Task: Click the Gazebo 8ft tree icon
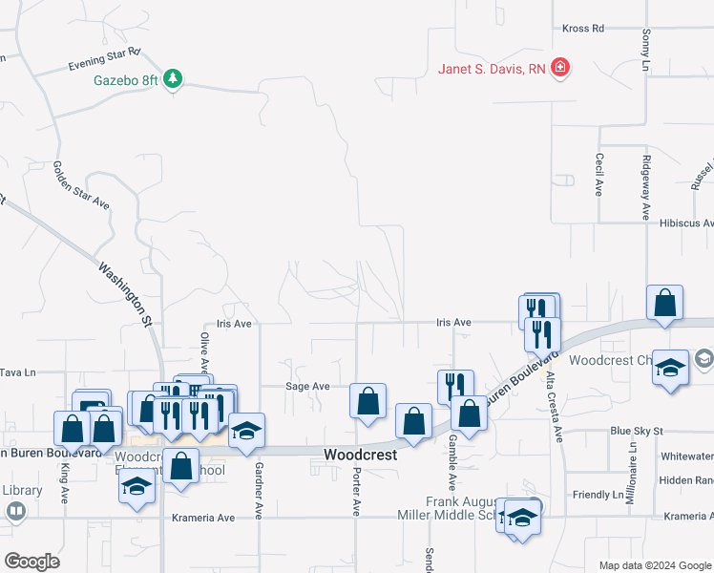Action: tap(173, 79)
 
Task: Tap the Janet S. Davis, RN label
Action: tap(493, 68)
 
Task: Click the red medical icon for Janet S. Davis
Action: tap(560, 68)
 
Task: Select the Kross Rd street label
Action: tap(583, 29)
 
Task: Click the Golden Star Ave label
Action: tap(82, 185)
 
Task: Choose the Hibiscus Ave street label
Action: tap(685, 223)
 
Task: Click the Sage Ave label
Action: tap(307, 387)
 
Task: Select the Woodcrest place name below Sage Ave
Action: tap(360, 456)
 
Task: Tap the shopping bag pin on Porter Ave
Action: tap(367, 401)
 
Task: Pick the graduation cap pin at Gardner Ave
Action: tap(246, 431)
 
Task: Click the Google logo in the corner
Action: tap(31, 562)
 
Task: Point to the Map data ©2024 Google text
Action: tap(656, 565)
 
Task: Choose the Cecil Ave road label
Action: tap(599, 175)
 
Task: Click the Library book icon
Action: tap(16, 511)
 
